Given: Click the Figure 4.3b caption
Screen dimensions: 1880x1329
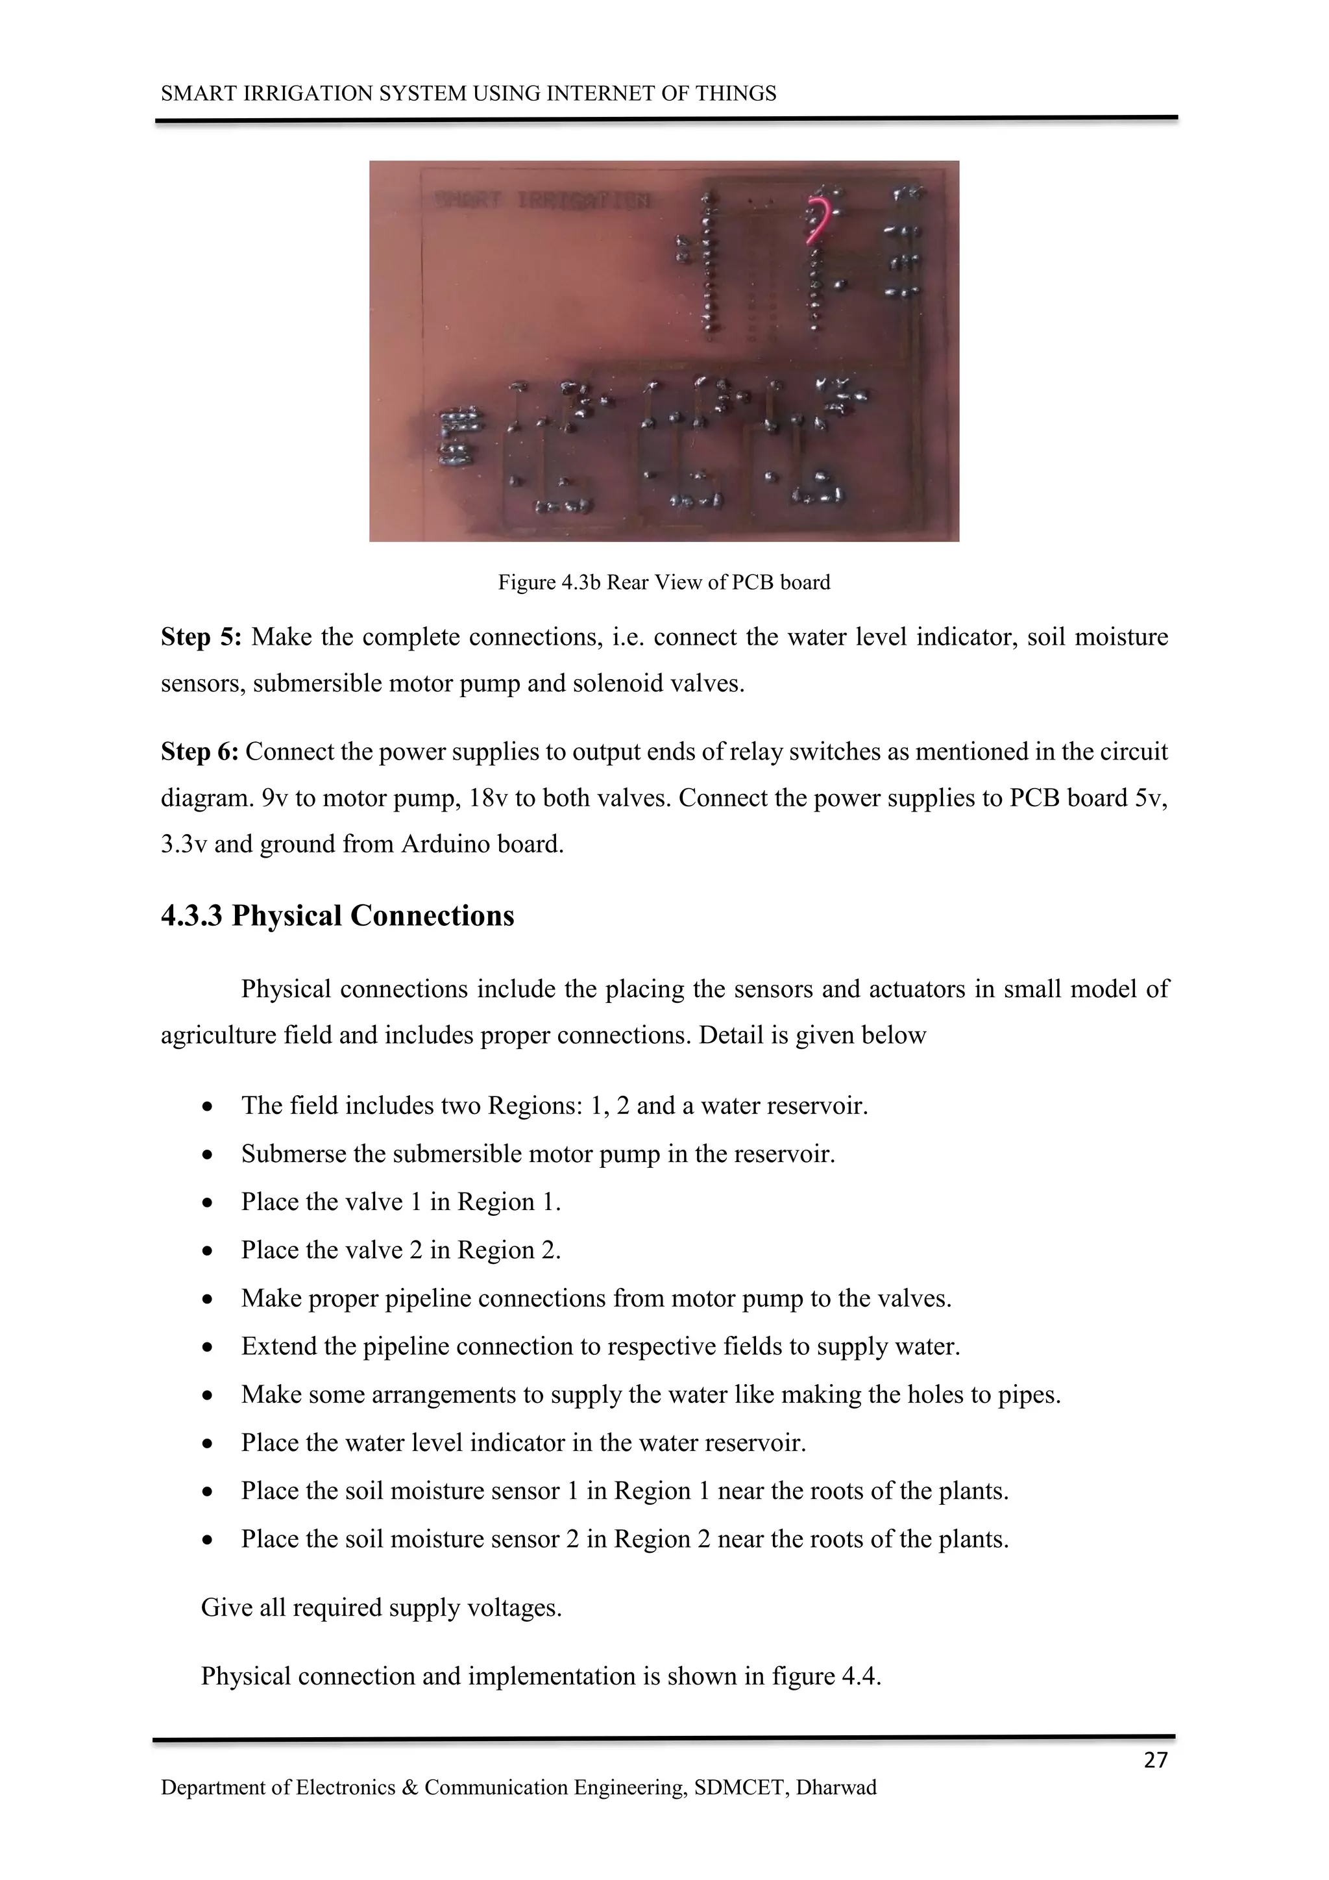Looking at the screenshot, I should pyautogui.click(x=664, y=582).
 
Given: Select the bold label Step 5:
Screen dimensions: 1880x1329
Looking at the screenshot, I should pyautogui.click(x=201, y=637).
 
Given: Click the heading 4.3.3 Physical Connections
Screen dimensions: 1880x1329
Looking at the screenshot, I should pyautogui.click(x=337, y=915).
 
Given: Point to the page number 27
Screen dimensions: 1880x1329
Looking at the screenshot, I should pyautogui.click(x=1154, y=1760).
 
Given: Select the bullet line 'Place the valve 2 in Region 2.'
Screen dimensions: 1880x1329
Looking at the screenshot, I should pyautogui.click(x=400, y=1250).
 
